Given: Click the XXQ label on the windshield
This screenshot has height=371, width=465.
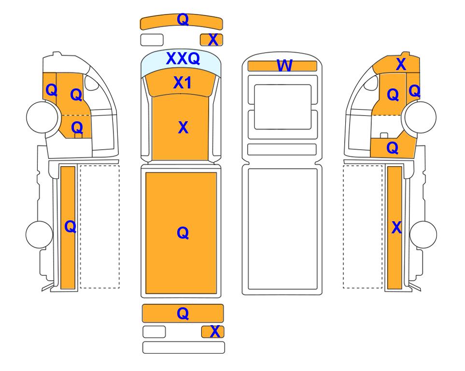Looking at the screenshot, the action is (183, 58).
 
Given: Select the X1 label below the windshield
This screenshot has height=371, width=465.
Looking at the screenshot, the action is (183, 83).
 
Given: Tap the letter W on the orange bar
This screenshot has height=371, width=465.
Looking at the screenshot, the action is (284, 66).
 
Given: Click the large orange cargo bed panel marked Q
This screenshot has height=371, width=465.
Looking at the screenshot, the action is (181, 233).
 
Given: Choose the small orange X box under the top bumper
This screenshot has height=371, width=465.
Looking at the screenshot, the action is (211, 40).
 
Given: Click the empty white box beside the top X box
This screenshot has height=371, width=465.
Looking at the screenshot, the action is (152, 40).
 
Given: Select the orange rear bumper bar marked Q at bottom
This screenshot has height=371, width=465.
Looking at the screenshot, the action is (183, 314).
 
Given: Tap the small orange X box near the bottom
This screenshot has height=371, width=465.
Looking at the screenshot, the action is (212, 332).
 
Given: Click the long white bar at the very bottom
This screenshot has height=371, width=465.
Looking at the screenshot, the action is (183, 347).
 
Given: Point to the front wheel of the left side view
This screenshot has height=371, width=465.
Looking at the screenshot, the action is (42, 117).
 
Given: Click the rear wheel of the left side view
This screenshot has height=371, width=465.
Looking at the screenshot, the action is (39, 234).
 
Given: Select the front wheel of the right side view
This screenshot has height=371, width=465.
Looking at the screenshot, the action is (421, 117).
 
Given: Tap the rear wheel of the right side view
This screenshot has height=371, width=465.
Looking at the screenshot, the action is (423, 234).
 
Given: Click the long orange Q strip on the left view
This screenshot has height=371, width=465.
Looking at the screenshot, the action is (68, 228).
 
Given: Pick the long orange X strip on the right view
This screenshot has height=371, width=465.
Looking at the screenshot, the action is (395, 228).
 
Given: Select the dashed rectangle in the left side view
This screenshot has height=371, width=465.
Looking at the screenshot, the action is (99, 227).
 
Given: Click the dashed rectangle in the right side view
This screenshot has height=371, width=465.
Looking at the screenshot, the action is (363, 227).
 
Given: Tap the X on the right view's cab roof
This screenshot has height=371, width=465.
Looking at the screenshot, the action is (401, 64).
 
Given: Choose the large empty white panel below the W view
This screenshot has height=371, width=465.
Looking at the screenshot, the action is (282, 229).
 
